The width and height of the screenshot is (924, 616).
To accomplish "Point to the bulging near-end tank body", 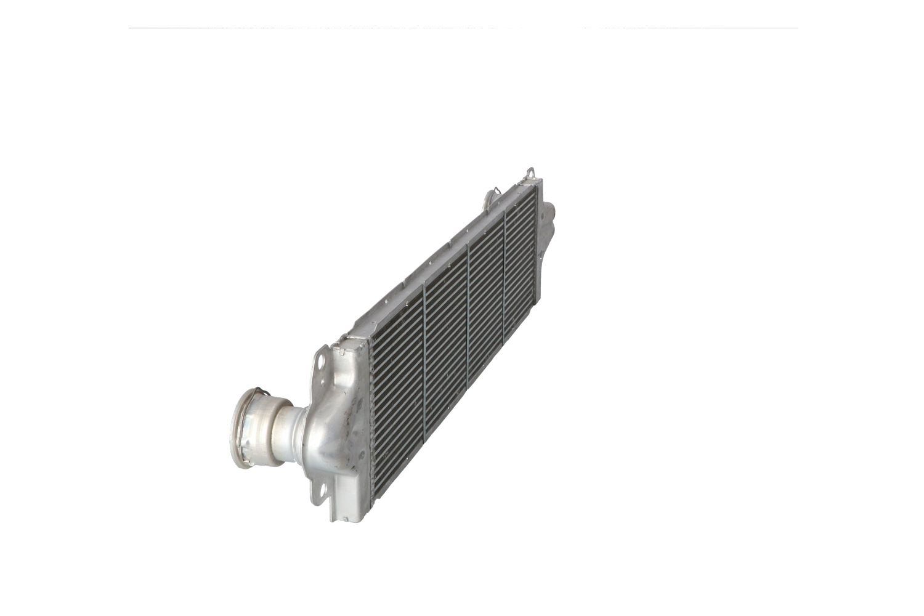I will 336,425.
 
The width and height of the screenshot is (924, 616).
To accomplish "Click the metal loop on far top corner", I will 530,172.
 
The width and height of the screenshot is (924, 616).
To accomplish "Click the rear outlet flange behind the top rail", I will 489,198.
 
